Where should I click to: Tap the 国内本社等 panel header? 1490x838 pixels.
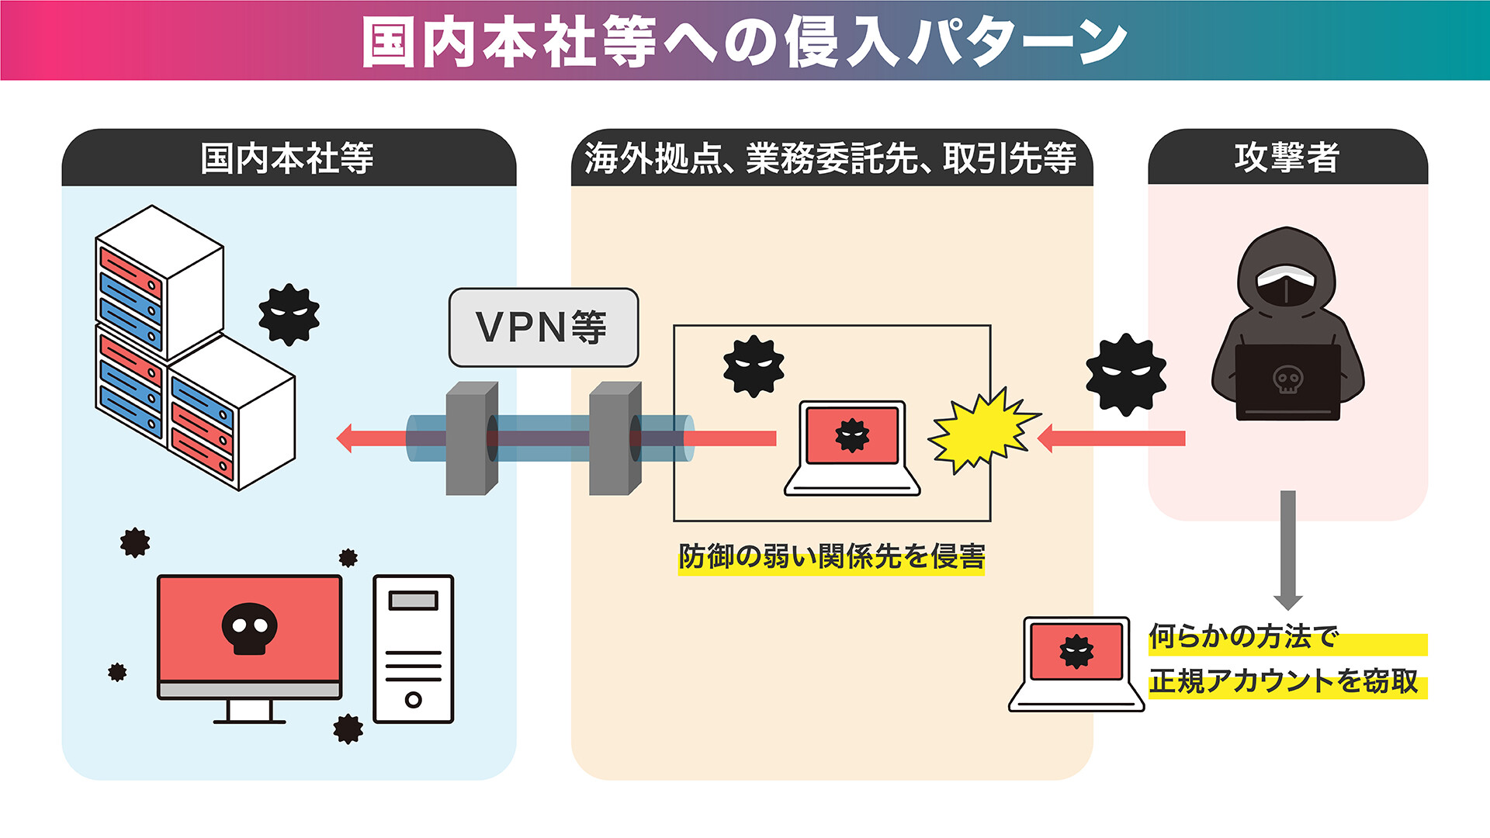point(287,158)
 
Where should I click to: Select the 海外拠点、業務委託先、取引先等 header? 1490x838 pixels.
point(830,158)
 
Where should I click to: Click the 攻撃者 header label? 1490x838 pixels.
point(1287,158)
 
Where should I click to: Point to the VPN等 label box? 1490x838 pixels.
point(543,327)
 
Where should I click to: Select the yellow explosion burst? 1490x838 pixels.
point(982,431)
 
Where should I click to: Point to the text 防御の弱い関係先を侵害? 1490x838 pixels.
point(831,556)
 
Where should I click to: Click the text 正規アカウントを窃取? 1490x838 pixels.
point(1284,681)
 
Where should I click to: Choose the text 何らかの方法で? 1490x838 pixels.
point(1243,636)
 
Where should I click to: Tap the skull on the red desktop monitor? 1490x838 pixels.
point(249,627)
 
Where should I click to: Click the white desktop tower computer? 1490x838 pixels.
point(413,649)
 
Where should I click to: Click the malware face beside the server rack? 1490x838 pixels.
point(289,313)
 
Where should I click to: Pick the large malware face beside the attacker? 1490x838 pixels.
point(1125,374)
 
